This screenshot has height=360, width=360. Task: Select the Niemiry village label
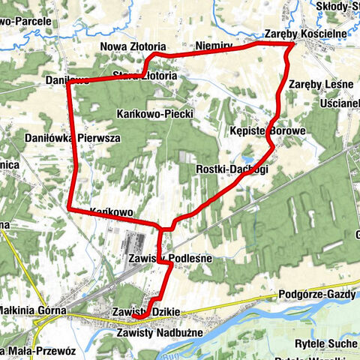[x=214, y=46]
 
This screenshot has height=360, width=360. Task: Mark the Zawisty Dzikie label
[x=148, y=311]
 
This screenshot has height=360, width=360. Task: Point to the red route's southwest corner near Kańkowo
[x=69, y=207]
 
